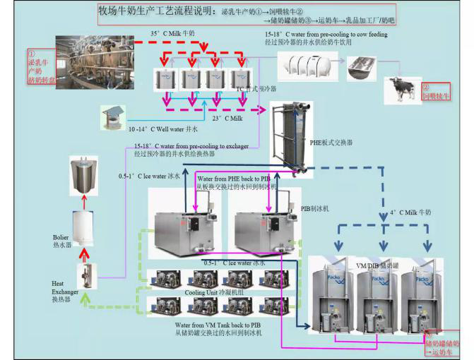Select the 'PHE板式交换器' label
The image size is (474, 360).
331,142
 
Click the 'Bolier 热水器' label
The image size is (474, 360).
61,241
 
